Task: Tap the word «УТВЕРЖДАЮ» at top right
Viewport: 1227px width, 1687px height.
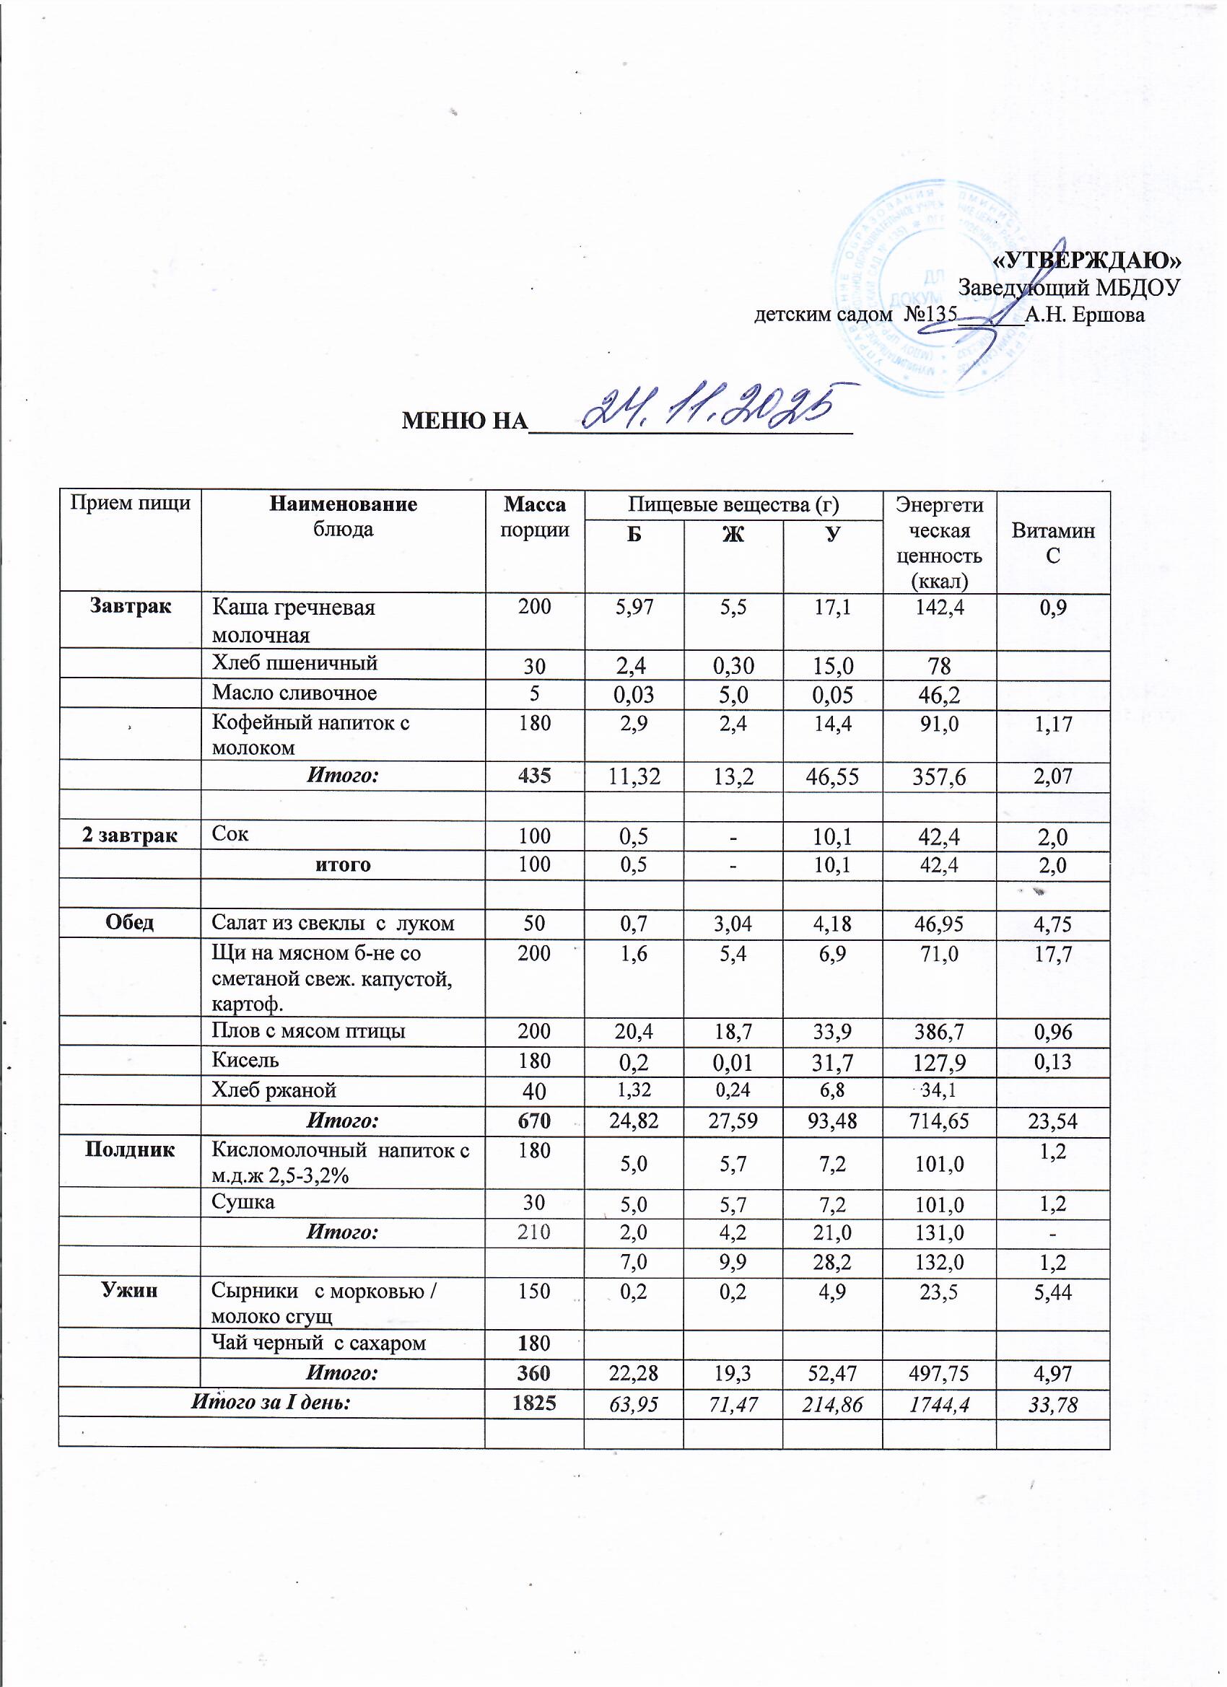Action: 1087,260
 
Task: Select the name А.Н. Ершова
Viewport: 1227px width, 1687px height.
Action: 1084,315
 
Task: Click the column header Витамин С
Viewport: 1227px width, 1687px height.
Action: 1052,543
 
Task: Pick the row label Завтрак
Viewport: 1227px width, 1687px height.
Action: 130,606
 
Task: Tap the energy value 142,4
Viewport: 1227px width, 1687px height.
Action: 939,607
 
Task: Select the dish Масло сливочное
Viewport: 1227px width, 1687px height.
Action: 294,693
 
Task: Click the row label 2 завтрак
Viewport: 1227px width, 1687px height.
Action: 129,836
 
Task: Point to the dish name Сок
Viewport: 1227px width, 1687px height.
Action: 230,835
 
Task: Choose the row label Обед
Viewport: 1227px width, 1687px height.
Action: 129,922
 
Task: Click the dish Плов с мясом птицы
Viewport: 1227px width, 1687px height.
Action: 309,1031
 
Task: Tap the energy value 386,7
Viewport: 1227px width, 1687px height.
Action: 939,1032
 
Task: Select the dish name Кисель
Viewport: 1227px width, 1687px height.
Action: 245,1060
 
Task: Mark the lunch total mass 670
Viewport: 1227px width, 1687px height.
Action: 534,1121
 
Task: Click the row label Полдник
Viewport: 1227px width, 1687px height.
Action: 129,1150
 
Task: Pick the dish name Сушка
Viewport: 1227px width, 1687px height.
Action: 243,1202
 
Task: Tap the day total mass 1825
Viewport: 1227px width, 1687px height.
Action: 534,1403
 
